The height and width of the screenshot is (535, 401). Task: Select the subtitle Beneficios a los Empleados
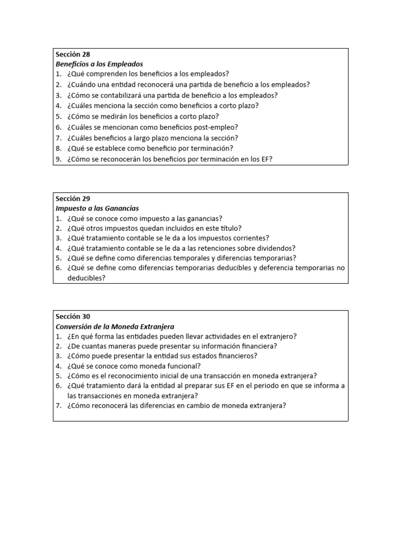coord(99,64)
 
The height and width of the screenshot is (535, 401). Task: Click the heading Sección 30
coord(73,316)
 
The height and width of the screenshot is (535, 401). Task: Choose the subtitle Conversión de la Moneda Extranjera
coord(115,326)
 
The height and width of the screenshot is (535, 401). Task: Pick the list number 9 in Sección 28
coord(58,159)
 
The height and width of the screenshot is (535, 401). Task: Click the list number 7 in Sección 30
coord(58,405)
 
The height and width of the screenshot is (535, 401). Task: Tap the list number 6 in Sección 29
coord(58,268)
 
